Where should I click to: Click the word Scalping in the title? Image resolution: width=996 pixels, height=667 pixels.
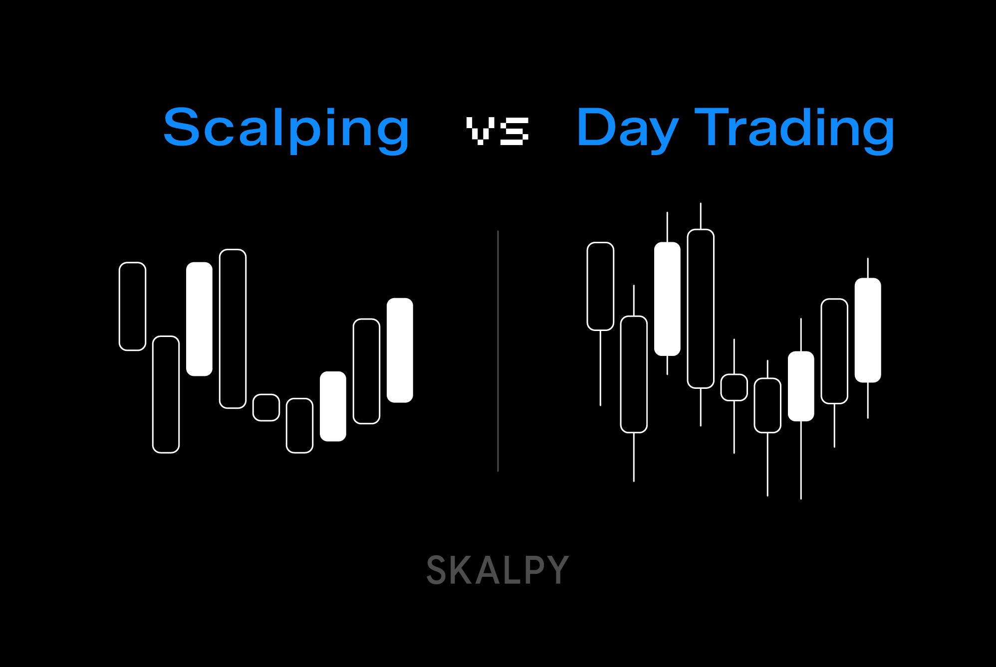(x=286, y=129)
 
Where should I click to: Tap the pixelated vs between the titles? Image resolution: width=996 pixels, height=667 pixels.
(x=497, y=131)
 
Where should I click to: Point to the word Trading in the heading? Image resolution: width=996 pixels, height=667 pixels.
(x=794, y=129)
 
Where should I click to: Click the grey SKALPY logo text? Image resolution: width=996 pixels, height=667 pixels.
(x=498, y=570)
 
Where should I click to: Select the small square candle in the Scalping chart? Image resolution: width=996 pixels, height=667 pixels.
(x=266, y=407)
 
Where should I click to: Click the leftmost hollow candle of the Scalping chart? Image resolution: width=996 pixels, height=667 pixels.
(x=132, y=306)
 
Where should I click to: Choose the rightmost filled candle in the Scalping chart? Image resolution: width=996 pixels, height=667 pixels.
(x=400, y=350)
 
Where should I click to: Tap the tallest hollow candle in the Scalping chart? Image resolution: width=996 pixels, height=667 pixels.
(x=233, y=329)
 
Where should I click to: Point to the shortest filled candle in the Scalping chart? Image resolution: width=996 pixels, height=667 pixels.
(x=333, y=406)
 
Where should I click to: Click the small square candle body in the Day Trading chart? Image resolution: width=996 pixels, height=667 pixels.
(x=734, y=387)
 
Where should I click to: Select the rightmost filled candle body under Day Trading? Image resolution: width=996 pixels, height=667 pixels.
(x=868, y=330)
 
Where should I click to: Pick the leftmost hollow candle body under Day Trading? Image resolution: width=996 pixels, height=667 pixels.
(x=600, y=286)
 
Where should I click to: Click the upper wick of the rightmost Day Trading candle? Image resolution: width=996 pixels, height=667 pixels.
(x=868, y=268)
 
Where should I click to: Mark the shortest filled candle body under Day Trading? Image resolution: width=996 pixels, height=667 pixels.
(x=801, y=386)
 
